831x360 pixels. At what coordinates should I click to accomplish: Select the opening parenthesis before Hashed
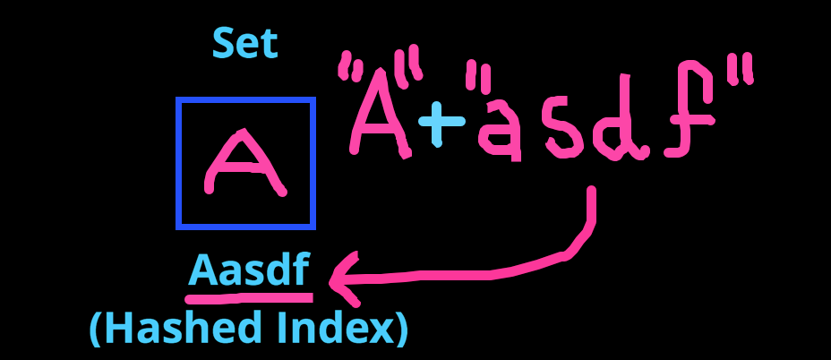96,330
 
